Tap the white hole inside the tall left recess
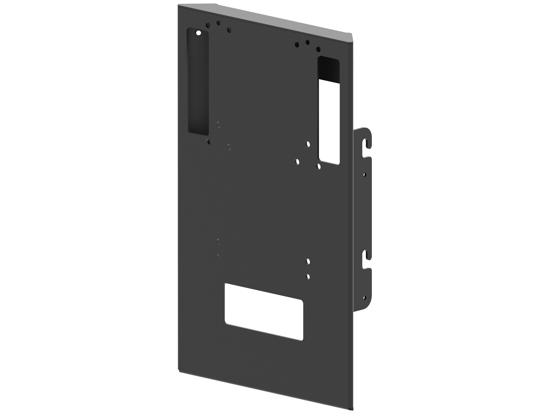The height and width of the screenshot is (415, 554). [x=199, y=33]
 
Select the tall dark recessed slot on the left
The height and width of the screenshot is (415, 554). [x=198, y=83]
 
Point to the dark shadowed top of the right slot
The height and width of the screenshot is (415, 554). [x=329, y=69]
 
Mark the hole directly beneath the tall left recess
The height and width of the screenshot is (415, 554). [x=208, y=142]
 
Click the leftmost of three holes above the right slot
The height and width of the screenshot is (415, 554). [x=297, y=45]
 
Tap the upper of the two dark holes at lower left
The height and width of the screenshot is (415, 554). [x=218, y=242]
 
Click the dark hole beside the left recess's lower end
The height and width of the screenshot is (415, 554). [x=218, y=125]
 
